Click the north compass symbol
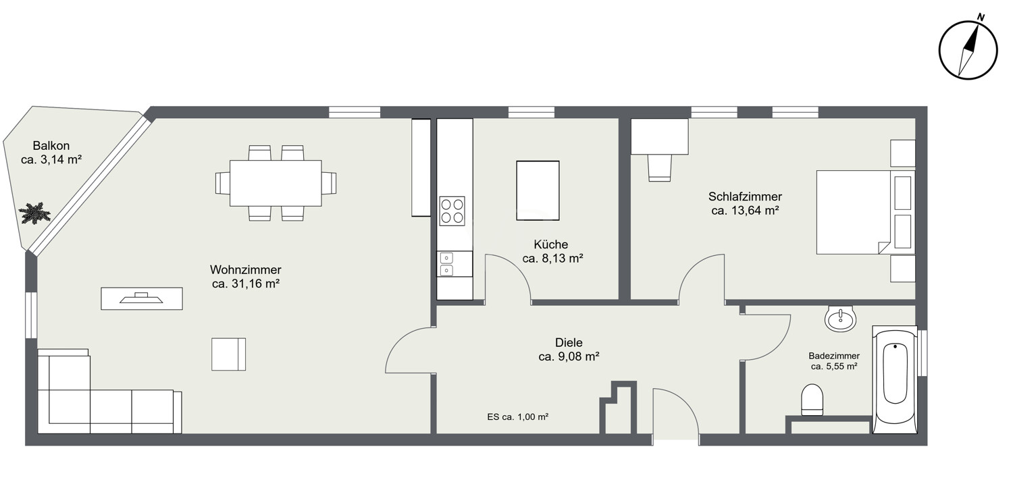[x=968, y=49]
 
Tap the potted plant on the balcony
[x=34, y=213]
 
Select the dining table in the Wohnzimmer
[x=276, y=183]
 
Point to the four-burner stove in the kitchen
[x=452, y=210]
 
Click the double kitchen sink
[x=446, y=264]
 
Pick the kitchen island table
[x=538, y=190]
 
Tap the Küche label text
[x=550, y=244]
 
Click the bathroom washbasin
[x=841, y=318]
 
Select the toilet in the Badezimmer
[x=812, y=399]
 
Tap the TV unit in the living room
[x=141, y=298]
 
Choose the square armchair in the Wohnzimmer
[x=228, y=354]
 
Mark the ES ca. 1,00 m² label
[x=517, y=417]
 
